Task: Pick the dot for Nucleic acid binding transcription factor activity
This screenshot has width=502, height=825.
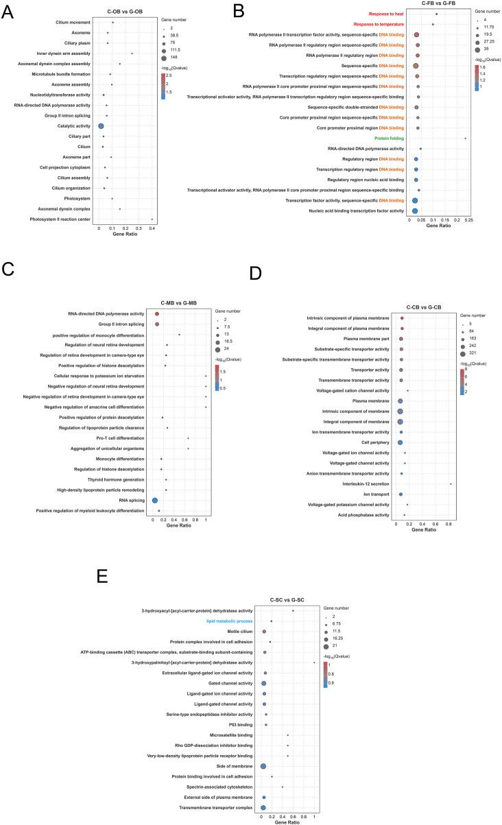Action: click(x=415, y=211)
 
